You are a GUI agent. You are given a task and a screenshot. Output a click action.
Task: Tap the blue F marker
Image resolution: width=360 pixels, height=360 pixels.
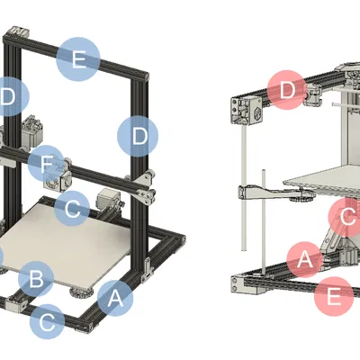click(x=45, y=165)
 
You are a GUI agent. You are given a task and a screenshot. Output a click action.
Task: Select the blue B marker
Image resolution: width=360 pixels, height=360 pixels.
click(x=35, y=280)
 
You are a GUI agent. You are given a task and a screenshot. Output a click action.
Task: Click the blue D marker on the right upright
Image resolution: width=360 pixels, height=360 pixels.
click(x=138, y=137)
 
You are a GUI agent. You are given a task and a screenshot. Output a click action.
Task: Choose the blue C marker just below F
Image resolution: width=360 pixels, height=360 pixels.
click(x=72, y=209)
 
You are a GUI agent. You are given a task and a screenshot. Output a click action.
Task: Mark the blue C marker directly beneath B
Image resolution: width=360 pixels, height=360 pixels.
click(x=48, y=319)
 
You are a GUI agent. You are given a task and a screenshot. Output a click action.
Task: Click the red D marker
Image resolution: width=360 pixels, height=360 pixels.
click(x=287, y=91)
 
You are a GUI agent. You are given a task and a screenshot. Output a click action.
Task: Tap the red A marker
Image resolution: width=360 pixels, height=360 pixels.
click(x=305, y=259)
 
